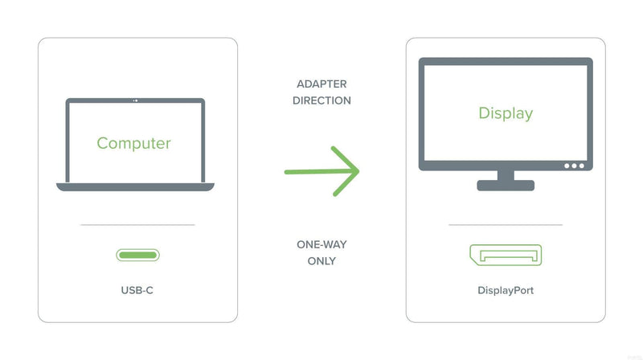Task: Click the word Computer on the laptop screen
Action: [133, 144]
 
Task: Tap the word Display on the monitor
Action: [506, 113]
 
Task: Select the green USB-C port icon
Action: [137, 255]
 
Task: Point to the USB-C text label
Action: [137, 290]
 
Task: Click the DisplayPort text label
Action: [506, 291]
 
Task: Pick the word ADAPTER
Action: [322, 84]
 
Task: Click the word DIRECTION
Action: [322, 100]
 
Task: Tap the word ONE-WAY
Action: [322, 245]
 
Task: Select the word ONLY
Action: [322, 261]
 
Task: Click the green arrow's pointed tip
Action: [358, 171]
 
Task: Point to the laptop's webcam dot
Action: [136, 100]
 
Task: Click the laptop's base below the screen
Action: [135, 187]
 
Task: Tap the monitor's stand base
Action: [506, 186]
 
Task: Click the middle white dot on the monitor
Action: [574, 166]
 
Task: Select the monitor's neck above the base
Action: [506, 175]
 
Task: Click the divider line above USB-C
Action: [137, 225]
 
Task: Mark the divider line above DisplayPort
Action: [506, 225]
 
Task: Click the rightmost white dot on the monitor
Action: [582, 166]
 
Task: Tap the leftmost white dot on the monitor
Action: [567, 166]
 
